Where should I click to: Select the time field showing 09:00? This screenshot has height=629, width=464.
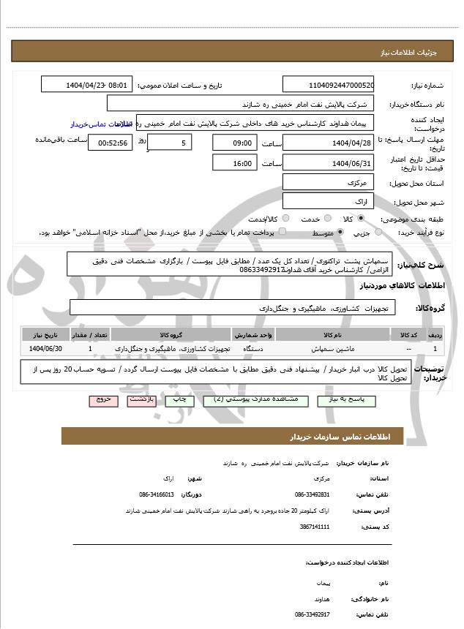coord(235,142)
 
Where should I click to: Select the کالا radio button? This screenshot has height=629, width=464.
coord(361,219)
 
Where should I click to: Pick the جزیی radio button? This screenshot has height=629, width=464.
coord(378,233)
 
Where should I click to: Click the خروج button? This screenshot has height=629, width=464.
coord(101,401)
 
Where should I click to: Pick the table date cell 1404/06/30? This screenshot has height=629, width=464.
coord(46,349)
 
